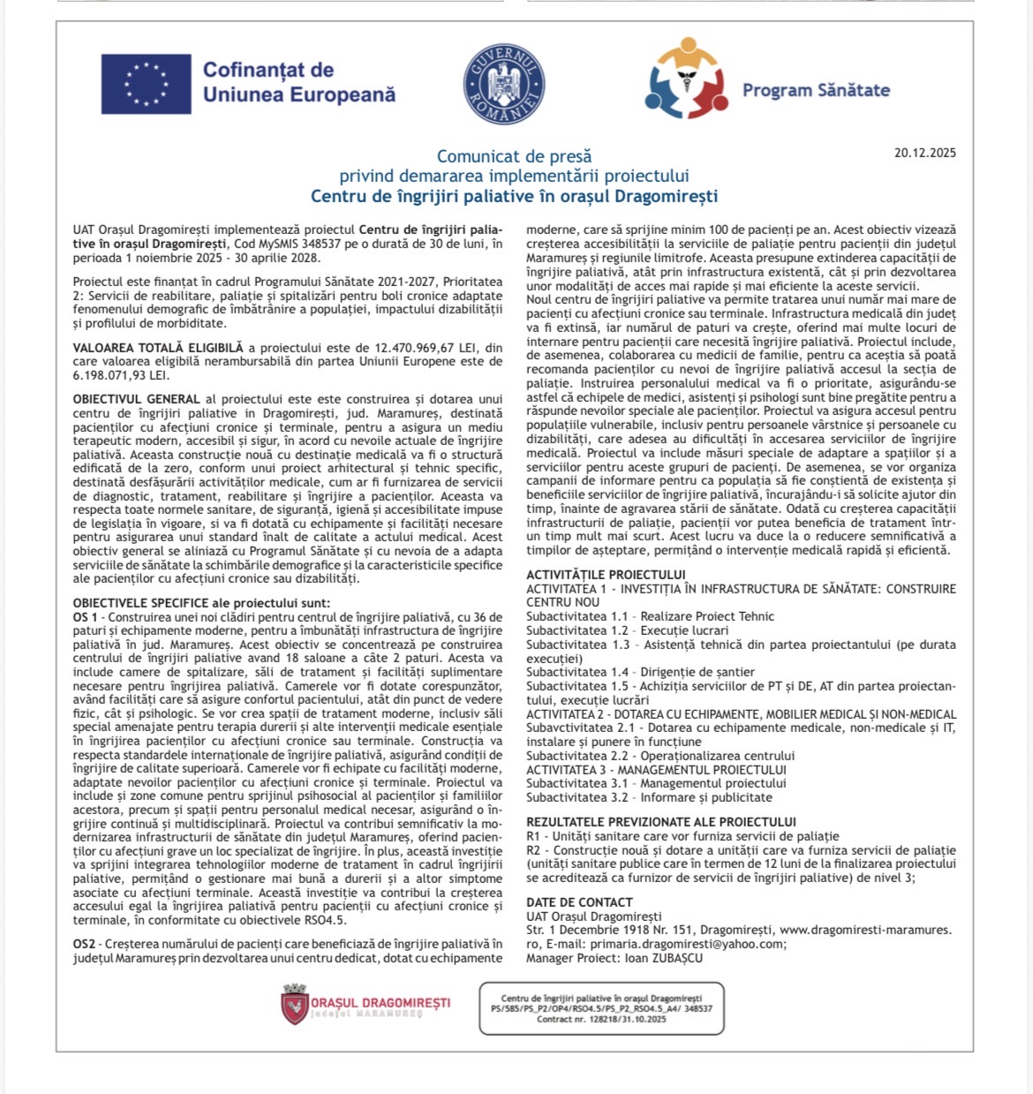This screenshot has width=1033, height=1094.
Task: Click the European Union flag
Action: tap(147, 84)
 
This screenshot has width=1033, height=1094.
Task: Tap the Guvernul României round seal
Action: tap(503, 84)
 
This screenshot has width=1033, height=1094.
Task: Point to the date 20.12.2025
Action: tap(924, 153)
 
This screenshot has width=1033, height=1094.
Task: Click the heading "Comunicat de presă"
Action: tap(514, 156)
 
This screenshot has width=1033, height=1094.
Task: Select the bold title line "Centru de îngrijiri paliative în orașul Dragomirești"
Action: tap(514, 196)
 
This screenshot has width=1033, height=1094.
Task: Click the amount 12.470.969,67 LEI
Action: tap(420, 348)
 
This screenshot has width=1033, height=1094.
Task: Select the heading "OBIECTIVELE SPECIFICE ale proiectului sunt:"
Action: tap(201, 602)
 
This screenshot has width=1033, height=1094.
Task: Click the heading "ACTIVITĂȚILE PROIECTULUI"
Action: tap(606, 575)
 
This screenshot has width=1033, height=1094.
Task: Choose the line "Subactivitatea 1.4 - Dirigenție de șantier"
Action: tap(640, 672)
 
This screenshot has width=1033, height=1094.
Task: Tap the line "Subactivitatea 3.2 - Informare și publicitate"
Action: tap(649, 796)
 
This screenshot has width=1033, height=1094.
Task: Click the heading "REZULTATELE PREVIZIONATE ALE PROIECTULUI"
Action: tap(661, 822)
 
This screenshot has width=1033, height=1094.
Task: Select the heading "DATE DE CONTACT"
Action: tap(579, 902)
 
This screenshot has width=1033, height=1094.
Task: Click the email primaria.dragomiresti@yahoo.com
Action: tap(686, 943)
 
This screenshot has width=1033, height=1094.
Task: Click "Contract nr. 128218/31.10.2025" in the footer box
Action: tap(601, 1019)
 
